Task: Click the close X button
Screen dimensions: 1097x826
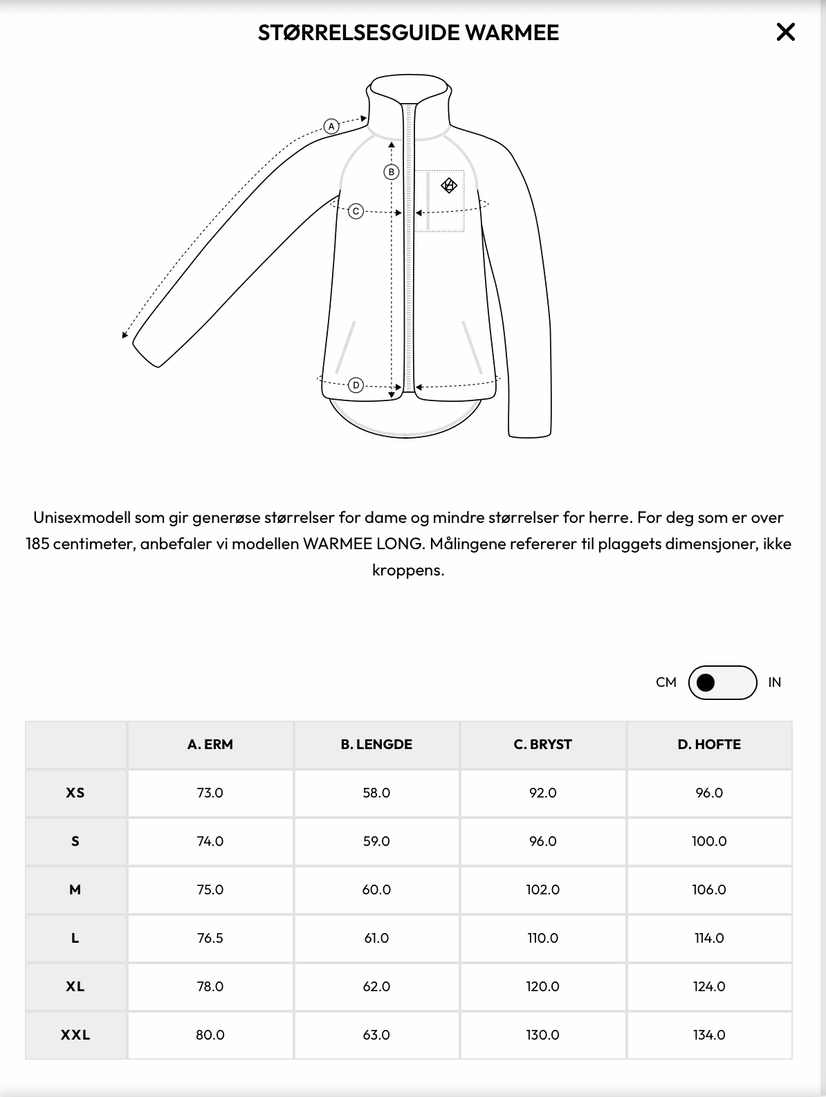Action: coord(785,33)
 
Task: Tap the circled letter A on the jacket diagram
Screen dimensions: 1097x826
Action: coord(331,127)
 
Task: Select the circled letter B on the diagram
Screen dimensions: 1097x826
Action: coord(392,172)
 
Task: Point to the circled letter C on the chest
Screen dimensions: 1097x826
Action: coord(356,211)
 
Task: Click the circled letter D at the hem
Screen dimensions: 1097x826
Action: coord(356,385)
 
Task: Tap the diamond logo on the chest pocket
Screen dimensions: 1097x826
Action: coord(449,185)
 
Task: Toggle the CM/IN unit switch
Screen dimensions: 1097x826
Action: coord(722,683)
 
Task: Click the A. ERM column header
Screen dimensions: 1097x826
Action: coord(210,745)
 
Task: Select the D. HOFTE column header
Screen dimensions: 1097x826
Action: coord(709,745)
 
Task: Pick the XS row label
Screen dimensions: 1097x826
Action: coord(75,793)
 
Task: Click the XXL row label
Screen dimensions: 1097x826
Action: coord(75,1035)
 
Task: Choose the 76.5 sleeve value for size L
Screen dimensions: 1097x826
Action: coord(210,939)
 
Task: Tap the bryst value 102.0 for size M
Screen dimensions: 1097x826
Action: coord(543,890)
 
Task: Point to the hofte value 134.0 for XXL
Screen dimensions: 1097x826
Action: coord(709,1035)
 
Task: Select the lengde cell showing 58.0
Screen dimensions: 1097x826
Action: coord(376,793)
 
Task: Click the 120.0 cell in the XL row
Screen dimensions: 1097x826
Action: coord(543,987)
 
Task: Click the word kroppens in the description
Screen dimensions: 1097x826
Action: coord(407,571)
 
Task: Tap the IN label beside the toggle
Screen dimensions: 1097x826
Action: coord(774,683)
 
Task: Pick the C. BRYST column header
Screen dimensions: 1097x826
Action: coord(543,745)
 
